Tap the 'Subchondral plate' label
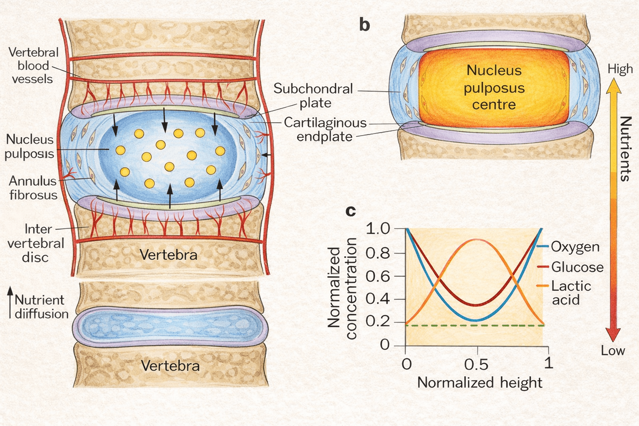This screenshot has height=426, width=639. point(313,96)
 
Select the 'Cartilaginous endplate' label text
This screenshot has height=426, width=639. point(325,129)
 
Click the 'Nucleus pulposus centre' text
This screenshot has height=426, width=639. point(494,87)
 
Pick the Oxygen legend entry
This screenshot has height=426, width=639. point(575,247)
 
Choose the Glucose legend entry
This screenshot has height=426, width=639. point(577,267)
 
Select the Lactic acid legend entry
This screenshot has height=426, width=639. point(571,292)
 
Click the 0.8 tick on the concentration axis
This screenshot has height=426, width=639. point(378,253)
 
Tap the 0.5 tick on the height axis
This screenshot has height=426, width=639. point(477,364)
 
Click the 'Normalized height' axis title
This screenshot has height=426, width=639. point(480,382)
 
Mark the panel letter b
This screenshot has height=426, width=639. point(364,25)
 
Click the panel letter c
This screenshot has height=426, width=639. point(351,211)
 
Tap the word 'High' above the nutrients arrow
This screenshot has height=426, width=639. point(620,69)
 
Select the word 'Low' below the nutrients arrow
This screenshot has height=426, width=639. point(613,350)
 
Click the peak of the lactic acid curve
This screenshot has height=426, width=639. point(477,240)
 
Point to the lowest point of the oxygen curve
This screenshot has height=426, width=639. point(477,320)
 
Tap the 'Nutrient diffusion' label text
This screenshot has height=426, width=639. point(41,307)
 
